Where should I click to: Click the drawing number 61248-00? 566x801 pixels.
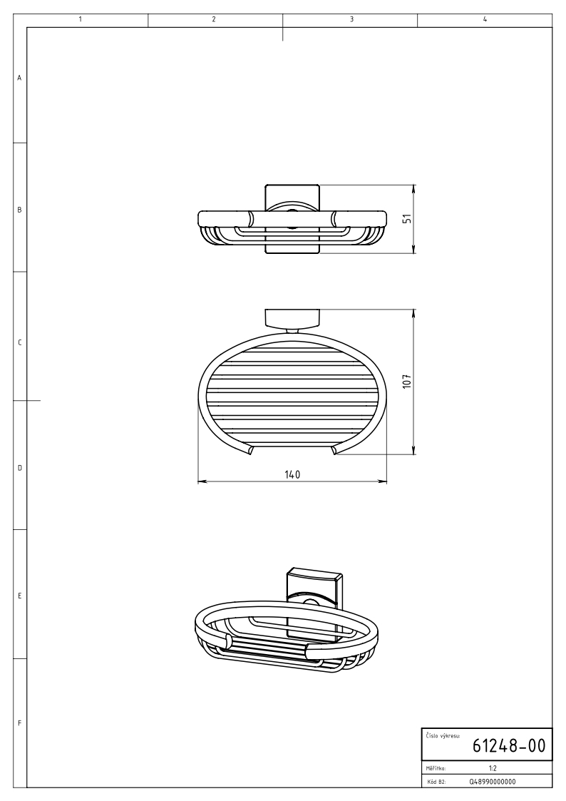coord(509,746)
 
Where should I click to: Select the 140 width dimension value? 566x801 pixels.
coord(292,474)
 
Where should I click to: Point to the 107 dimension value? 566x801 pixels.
coord(407,381)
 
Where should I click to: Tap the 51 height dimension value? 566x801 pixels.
coord(407,219)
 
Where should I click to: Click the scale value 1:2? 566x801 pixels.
coord(493,767)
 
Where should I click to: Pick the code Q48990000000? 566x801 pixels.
coord(492,781)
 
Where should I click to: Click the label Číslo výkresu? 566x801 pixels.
coord(443,736)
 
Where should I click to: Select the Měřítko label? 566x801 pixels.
coord(436,767)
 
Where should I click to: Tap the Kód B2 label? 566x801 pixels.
coord(435,781)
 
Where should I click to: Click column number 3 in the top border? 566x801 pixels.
coord(351,19)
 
